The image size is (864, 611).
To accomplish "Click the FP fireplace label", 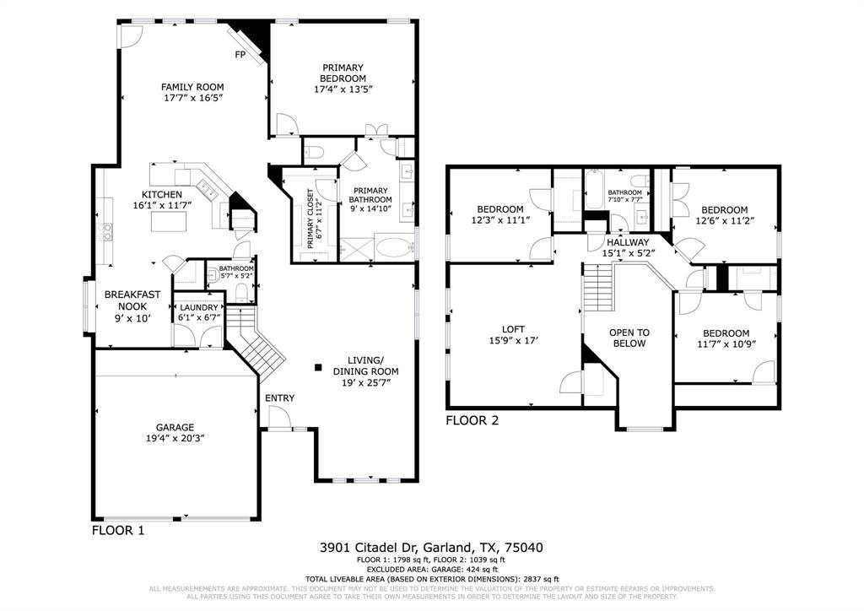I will [x=240, y=56].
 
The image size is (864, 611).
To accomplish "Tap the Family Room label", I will [x=192, y=87].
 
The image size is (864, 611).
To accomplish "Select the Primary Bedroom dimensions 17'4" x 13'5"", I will [x=343, y=89].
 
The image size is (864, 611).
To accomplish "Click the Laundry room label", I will [x=198, y=307].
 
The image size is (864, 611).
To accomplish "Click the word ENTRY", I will [x=279, y=398].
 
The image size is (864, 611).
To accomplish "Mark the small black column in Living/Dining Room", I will [x=318, y=367].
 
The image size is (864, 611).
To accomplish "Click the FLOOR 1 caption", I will [x=118, y=531].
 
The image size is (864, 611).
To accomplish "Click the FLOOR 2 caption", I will [x=472, y=419].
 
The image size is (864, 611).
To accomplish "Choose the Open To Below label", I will [x=629, y=338].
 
